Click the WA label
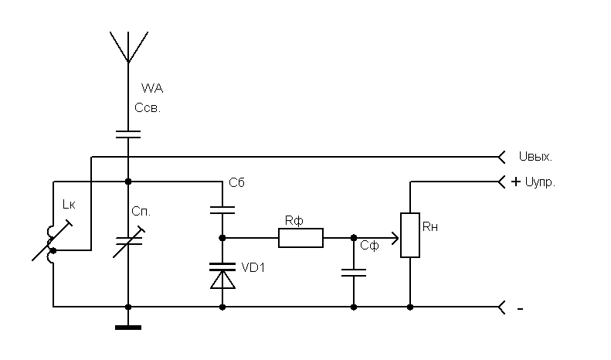point(152,90)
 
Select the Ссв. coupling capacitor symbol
point(128,134)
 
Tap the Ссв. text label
point(147,108)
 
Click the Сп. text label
point(141,211)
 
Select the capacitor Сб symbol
point(222,208)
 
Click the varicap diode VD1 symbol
point(222,274)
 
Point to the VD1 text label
point(253,268)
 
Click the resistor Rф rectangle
point(300,237)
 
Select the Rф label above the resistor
point(293,221)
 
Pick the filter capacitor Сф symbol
point(354,273)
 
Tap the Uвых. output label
point(535,157)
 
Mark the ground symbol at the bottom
point(128,327)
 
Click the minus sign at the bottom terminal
point(520,309)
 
